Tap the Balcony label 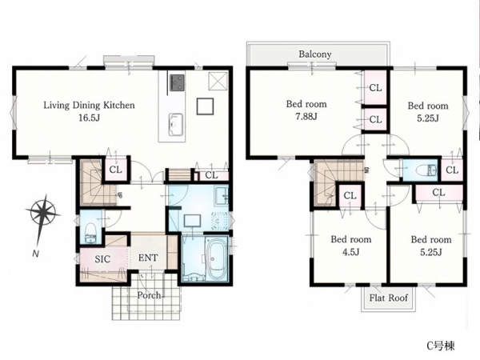tap(315, 54)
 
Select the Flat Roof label tap(389, 298)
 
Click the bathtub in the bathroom tap(216, 258)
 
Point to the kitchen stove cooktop tap(178, 82)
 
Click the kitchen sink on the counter tap(176, 124)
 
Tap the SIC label tap(102, 259)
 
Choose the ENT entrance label tap(148, 258)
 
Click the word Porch tap(149, 295)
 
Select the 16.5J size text tap(89, 118)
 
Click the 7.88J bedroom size tap(306, 117)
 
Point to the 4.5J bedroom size tap(351, 252)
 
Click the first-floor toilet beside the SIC tap(90, 234)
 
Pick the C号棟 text tap(441, 346)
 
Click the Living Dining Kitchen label tap(89, 106)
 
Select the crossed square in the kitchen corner tap(218, 81)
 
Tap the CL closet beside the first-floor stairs tap(116, 170)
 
